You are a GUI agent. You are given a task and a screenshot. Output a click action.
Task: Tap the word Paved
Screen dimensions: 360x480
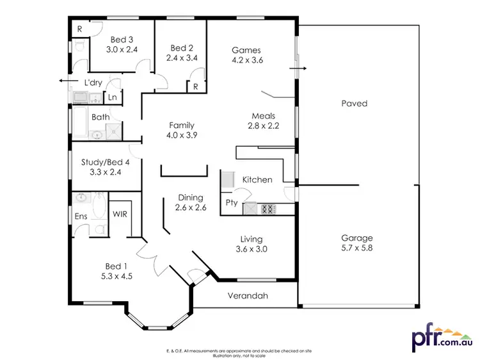coord(354,103)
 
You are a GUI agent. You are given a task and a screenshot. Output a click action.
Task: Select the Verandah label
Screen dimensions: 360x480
coord(246,296)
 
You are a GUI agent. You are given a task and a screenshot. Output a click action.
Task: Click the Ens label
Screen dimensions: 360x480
coord(81,217)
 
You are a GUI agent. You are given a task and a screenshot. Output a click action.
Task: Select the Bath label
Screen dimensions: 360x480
coord(100,117)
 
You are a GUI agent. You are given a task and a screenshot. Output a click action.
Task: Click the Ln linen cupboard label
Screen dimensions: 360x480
coord(112,97)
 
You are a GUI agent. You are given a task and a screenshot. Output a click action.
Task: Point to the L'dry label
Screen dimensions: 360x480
coord(95,82)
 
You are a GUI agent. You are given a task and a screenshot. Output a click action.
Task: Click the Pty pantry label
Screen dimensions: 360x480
coord(232,203)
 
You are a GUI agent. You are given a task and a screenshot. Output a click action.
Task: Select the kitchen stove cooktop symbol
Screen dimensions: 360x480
coord(268,208)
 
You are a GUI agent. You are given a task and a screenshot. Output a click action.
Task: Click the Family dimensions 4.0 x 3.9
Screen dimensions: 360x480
coord(181,136)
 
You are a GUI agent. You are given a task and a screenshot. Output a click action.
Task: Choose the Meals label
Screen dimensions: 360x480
coord(263,116)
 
